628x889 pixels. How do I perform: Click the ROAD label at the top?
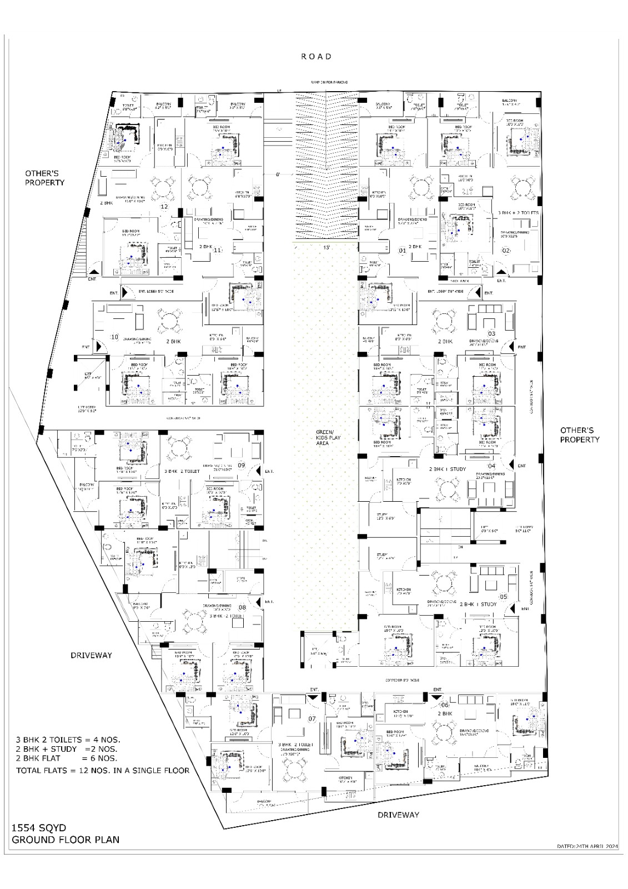(x=316, y=56)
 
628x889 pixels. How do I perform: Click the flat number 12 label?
(x=164, y=207)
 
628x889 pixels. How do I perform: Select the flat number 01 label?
(x=403, y=251)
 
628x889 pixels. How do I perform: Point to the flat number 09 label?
(x=242, y=465)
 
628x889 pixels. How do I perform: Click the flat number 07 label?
(x=312, y=719)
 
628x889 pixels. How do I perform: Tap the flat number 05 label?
(x=504, y=597)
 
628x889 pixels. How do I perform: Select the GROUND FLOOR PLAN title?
(x=66, y=840)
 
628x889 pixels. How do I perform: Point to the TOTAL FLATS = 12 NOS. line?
(x=103, y=770)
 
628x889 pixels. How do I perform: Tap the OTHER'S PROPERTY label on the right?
(x=580, y=434)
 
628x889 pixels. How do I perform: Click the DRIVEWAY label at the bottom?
(x=398, y=815)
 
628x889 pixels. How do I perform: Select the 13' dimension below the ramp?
(x=327, y=247)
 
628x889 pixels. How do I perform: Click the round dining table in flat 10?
(x=169, y=321)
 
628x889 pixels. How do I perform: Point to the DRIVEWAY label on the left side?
(x=91, y=655)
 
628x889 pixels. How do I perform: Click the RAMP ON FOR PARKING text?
(x=329, y=82)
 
